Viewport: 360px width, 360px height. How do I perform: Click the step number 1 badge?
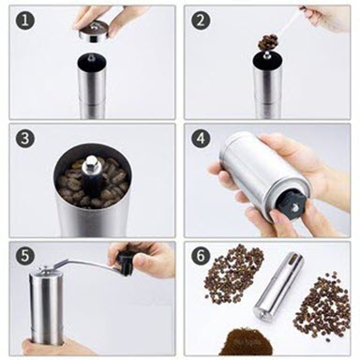pyautogui.click(x=24, y=21)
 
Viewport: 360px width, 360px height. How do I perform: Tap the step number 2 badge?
pyautogui.click(x=201, y=21)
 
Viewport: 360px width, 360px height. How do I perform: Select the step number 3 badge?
pyautogui.click(x=24, y=139)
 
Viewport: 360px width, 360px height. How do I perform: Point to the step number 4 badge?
pyautogui.click(x=201, y=139)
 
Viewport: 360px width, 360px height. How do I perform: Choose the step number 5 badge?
pyautogui.click(x=24, y=256)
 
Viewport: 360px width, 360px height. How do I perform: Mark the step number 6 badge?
pyautogui.click(x=201, y=256)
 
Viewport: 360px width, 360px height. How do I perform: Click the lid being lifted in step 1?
pyautogui.click(x=93, y=31)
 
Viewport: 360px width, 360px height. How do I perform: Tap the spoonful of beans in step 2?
pyautogui.click(x=267, y=43)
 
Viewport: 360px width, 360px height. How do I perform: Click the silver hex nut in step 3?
pyautogui.click(x=90, y=163)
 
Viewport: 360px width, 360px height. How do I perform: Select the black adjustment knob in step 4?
pyautogui.click(x=291, y=204)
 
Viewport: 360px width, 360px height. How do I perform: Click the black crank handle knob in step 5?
pyautogui.click(x=124, y=263)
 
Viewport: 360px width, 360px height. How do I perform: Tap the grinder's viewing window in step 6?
pyautogui.click(x=293, y=259)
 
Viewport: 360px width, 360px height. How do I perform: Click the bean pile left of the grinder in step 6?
pyautogui.click(x=233, y=269)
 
